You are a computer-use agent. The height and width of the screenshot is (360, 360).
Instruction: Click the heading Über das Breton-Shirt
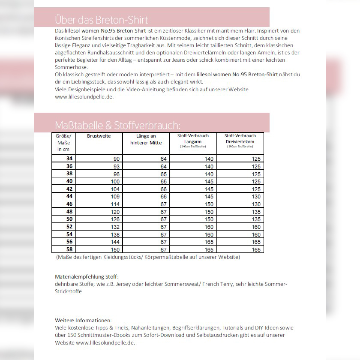pos(102,20)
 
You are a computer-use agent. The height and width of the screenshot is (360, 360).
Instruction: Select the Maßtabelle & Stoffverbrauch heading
pos(118,125)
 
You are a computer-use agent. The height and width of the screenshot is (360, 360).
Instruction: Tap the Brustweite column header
pos(99,135)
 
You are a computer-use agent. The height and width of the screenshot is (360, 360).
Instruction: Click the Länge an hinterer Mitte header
pos(146,139)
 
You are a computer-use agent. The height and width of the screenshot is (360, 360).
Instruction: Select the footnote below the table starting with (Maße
pos(148,257)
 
